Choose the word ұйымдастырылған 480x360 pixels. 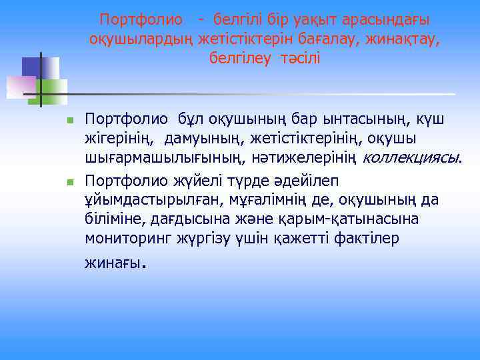click(139, 200)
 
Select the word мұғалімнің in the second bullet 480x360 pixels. click(259, 200)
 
